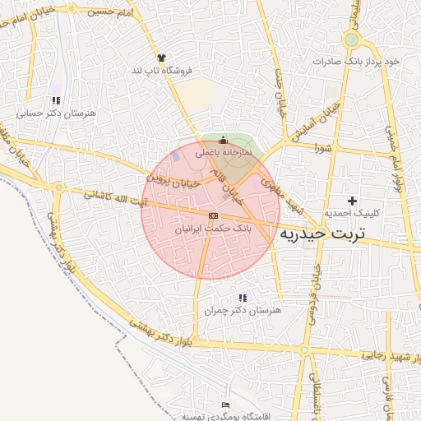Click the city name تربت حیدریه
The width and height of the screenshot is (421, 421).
(x=333, y=234)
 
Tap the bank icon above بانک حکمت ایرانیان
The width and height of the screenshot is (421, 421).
(x=214, y=215)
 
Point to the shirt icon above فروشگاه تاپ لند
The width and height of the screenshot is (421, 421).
(x=161, y=58)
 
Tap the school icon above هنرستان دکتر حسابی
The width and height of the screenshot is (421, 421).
(x=56, y=100)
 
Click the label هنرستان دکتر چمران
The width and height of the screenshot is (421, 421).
(x=243, y=311)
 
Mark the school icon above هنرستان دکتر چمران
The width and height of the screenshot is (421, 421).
(x=243, y=298)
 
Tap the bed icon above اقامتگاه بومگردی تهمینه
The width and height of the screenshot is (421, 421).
(x=225, y=405)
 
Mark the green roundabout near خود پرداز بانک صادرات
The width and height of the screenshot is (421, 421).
(x=352, y=39)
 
